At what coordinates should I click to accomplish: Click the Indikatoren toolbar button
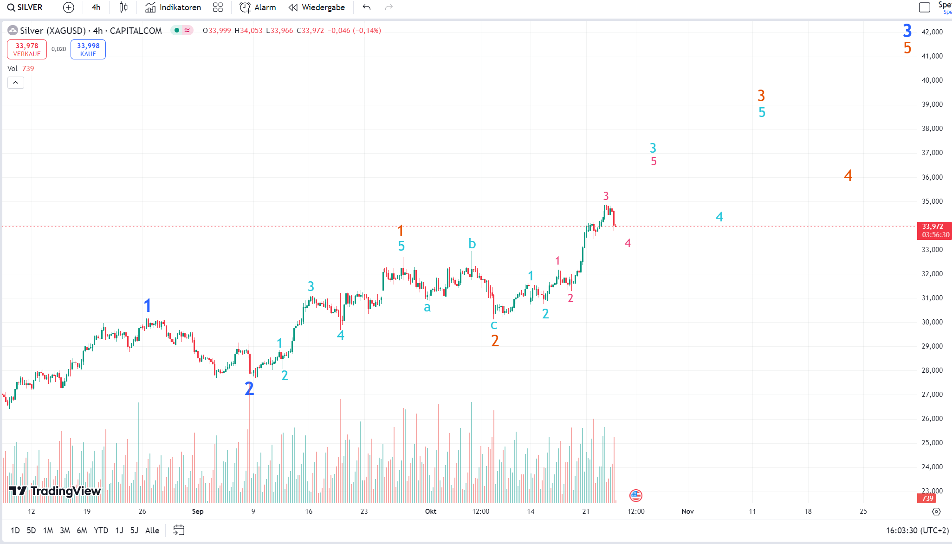pos(173,7)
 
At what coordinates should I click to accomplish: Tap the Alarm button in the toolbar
pos(258,7)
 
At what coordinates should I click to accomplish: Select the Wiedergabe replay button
pos(317,7)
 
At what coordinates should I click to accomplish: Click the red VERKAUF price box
pos(27,49)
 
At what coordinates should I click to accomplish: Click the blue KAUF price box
pos(88,49)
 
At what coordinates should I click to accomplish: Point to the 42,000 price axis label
pos(932,32)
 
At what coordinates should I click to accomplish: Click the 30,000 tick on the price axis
pos(932,322)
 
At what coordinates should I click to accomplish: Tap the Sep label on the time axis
pos(198,512)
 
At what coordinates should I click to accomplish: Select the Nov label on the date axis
pos(687,512)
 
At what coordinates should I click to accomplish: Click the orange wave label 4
pos(848,175)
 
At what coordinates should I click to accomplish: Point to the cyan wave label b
pos(472,244)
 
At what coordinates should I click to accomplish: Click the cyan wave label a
pos(427,307)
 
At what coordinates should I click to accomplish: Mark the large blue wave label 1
pos(148,305)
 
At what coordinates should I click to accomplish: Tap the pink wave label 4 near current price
pos(628,243)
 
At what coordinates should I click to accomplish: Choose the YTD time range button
pos(101,530)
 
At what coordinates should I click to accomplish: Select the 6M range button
pos(82,530)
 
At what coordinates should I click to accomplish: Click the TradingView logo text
pos(65,491)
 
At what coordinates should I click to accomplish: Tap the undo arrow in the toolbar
pos(367,7)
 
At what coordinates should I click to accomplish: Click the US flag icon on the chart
pos(636,496)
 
